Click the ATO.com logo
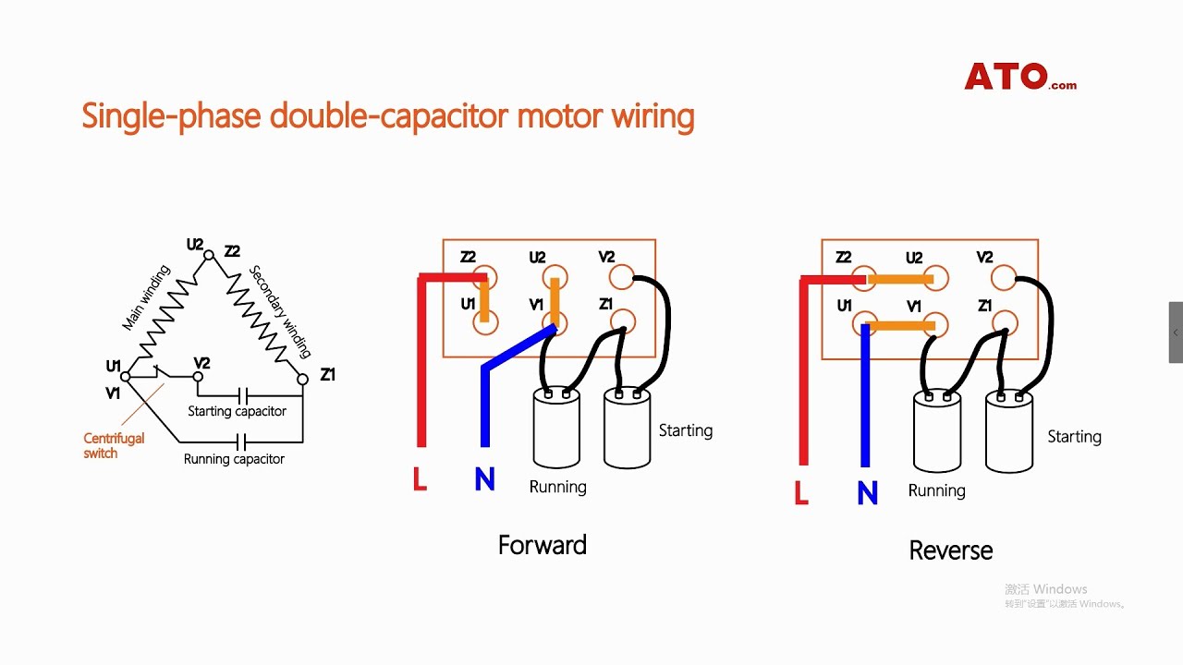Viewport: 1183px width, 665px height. [x=1019, y=77]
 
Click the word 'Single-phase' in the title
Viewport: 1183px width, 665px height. [x=172, y=117]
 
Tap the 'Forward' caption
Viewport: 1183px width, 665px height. [x=542, y=545]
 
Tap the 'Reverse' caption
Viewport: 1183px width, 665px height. [x=950, y=550]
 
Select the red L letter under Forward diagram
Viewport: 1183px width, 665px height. [x=420, y=478]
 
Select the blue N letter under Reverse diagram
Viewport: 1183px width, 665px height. [x=867, y=493]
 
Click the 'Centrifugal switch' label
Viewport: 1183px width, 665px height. [x=114, y=445]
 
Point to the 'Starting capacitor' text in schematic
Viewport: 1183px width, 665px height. [x=237, y=411]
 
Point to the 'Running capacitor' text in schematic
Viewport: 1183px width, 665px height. [x=234, y=459]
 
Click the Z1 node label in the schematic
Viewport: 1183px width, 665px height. [x=327, y=374]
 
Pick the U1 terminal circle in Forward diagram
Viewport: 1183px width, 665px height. [x=485, y=321]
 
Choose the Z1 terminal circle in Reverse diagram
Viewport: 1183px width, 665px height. [x=1006, y=322]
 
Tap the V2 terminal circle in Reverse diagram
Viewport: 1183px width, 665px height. [x=1003, y=277]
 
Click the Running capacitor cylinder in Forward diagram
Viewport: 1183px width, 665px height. [x=556, y=429]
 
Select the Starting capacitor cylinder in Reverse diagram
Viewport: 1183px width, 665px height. [x=1008, y=432]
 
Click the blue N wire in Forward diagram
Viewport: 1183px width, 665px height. [x=484, y=406]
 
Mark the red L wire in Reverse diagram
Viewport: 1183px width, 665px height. [x=803, y=388]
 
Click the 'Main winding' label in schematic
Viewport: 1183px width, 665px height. [x=147, y=298]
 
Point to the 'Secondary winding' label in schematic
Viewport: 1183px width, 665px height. [x=280, y=311]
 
